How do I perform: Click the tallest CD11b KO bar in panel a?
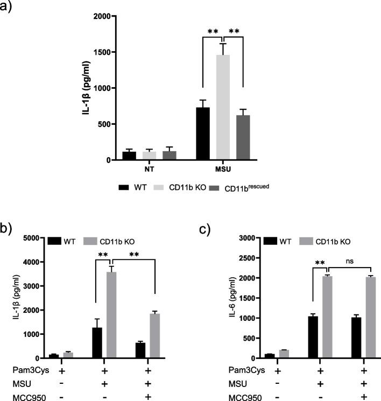pyautogui.click(x=223, y=108)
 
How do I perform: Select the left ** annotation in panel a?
pyautogui.click(x=213, y=32)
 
